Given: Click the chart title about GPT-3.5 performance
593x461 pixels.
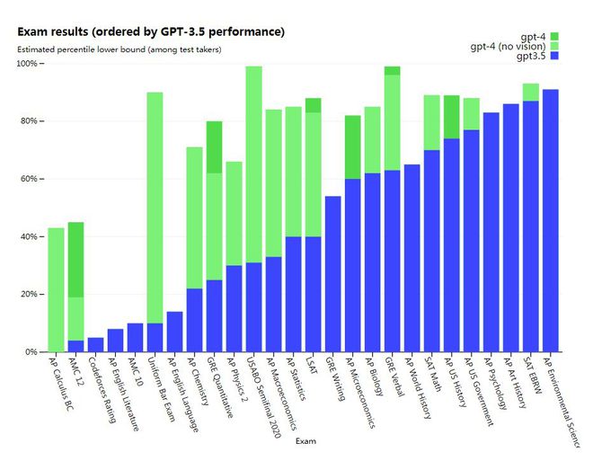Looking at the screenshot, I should tap(151, 31).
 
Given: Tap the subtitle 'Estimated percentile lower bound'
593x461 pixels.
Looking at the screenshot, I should tap(119, 49).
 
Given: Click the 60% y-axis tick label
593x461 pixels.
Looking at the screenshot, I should tap(28, 179).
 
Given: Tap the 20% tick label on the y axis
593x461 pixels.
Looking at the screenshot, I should tap(28, 294).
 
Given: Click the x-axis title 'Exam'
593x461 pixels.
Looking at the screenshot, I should tap(306, 441).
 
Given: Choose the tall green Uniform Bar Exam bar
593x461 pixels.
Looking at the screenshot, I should tap(155, 207).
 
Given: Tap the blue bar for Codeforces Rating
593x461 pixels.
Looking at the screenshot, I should tap(95, 344).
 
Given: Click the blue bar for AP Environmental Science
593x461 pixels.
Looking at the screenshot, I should tap(550, 220).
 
